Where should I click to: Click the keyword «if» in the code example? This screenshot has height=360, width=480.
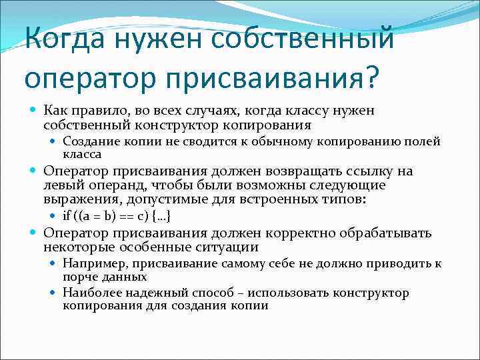click(x=67, y=217)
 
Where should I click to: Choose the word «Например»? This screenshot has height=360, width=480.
click(x=90, y=264)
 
